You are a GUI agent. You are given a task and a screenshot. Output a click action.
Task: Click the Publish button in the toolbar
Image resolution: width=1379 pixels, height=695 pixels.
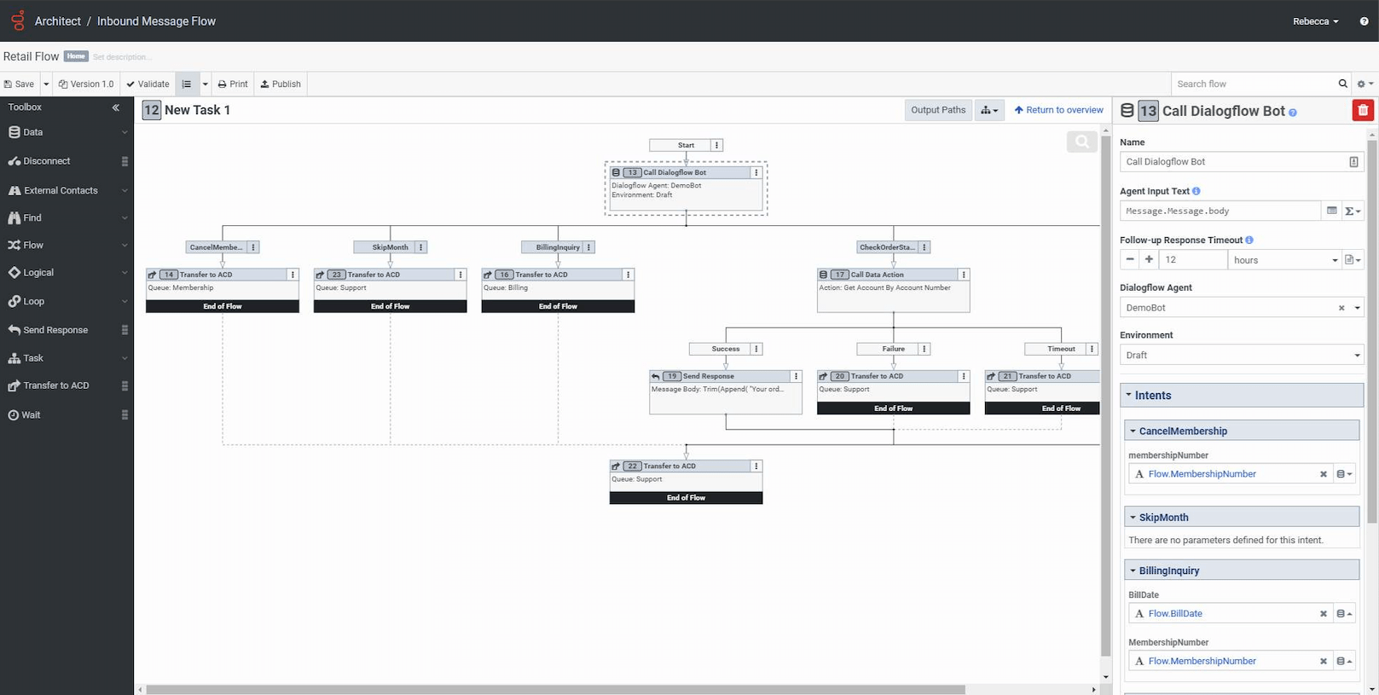281,84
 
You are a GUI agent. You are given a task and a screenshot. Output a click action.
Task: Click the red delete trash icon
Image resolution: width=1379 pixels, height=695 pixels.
1363,110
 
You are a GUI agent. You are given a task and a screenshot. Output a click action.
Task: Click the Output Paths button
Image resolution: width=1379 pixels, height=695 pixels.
937,110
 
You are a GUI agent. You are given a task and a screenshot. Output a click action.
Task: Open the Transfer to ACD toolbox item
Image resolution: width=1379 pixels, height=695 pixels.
56,385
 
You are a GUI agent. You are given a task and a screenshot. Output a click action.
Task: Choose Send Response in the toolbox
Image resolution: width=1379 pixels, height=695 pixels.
55,330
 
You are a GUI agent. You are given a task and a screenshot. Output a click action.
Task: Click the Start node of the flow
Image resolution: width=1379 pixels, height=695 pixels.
686,145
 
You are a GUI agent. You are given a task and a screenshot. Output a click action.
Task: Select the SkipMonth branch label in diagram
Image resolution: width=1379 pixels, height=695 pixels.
390,247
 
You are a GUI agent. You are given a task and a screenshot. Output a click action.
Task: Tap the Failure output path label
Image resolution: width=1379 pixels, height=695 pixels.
893,349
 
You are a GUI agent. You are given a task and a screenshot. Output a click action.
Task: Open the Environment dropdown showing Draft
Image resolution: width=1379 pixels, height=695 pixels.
1241,356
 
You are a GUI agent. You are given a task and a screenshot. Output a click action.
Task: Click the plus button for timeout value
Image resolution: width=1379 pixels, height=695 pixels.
1149,260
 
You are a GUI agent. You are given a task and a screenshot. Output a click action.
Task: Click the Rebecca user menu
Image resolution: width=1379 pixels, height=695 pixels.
1315,21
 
